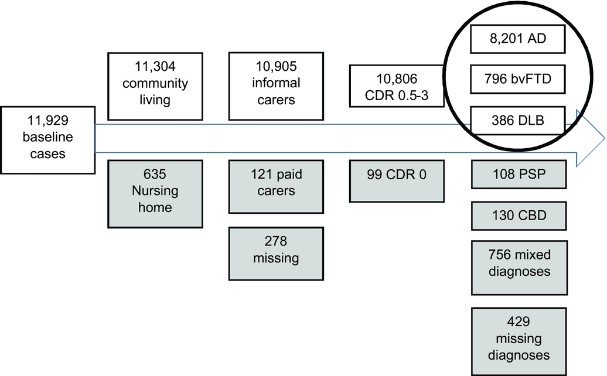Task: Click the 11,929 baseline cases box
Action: [x=47, y=138]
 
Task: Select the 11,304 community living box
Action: [x=156, y=83]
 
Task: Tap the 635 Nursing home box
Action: [x=156, y=192]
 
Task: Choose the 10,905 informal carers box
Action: [x=276, y=83]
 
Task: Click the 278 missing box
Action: [x=276, y=250]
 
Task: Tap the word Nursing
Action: [x=156, y=192]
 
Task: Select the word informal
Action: [x=276, y=83]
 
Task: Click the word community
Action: [x=156, y=83]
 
